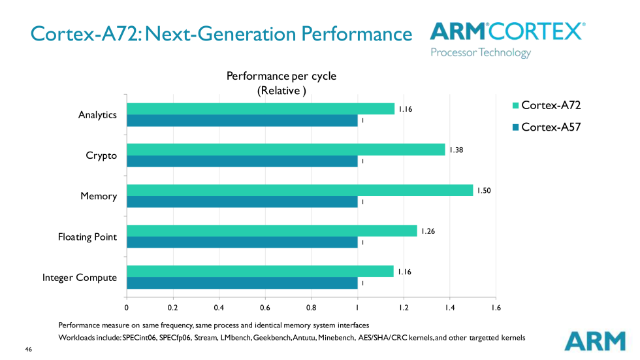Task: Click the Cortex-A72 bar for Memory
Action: tap(299, 190)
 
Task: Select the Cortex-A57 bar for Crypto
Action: tap(242, 161)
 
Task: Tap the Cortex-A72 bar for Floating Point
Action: tap(271, 231)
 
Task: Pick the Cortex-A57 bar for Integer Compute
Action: tap(242, 283)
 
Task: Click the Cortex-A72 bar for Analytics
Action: tap(260, 108)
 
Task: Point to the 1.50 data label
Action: tap(483, 190)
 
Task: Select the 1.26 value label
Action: tap(428, 231)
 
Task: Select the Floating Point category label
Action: tap(88, 237)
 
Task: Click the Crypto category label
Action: tap(101, 155)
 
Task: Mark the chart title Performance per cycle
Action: tap(281, 76)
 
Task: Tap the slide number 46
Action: tap(28, 350)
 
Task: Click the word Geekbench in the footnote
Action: tap(258, 338)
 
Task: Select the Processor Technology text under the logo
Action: tap(481, 52)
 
